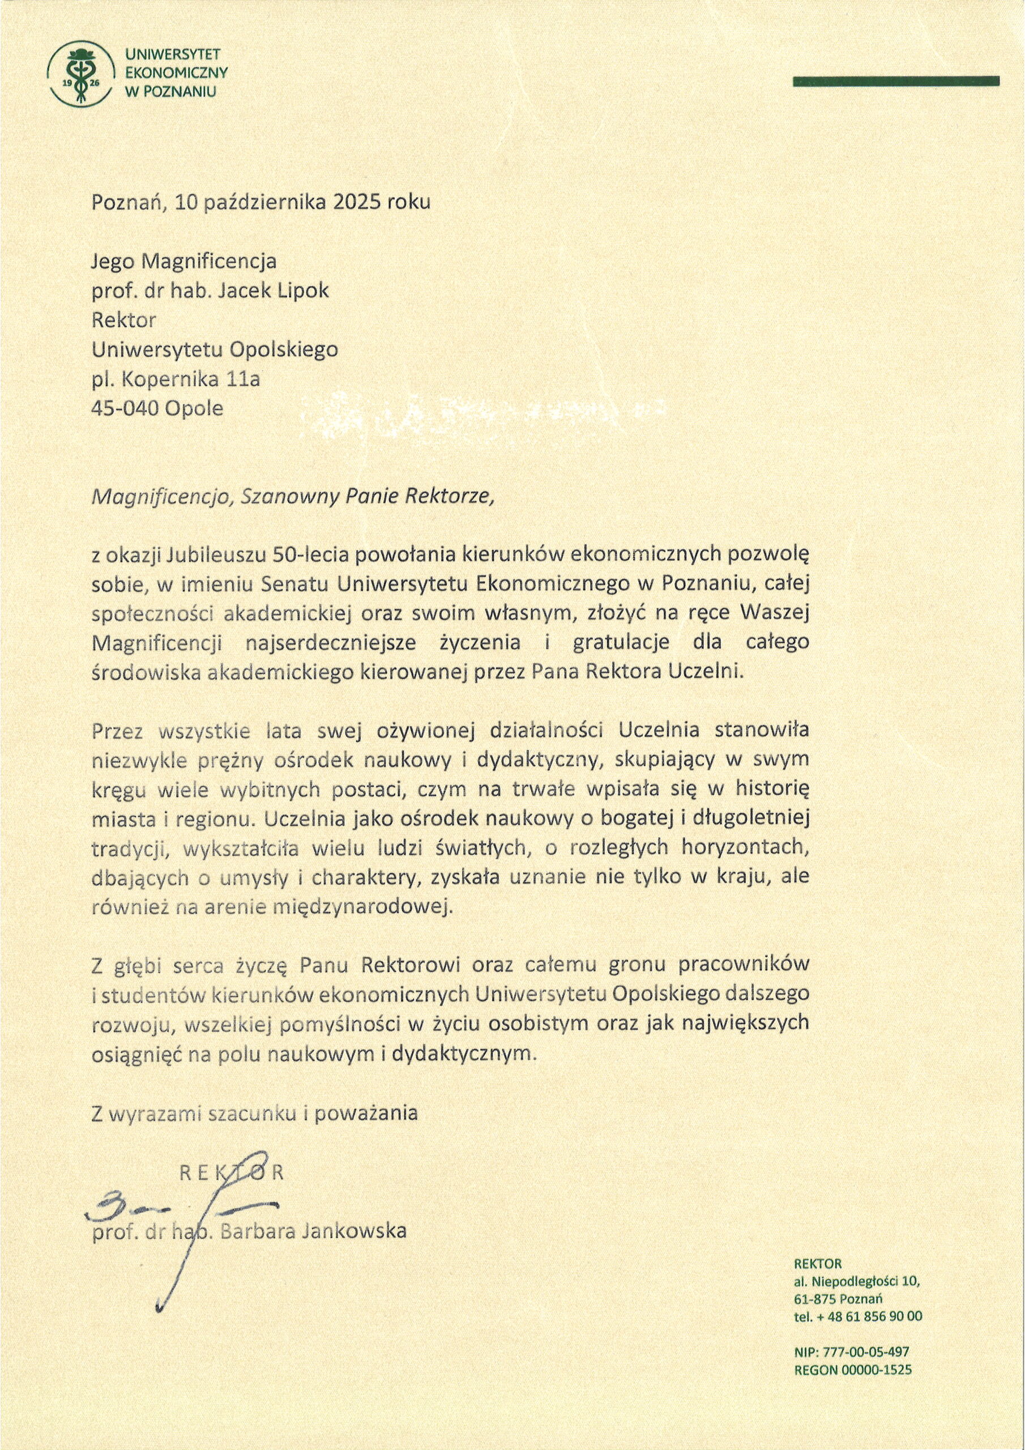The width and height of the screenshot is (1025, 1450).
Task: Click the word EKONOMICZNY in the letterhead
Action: tap(176, 72)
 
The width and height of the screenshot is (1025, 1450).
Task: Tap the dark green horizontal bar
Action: tap(895, 80)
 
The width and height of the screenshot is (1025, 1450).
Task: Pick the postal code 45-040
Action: tap(125, 408)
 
